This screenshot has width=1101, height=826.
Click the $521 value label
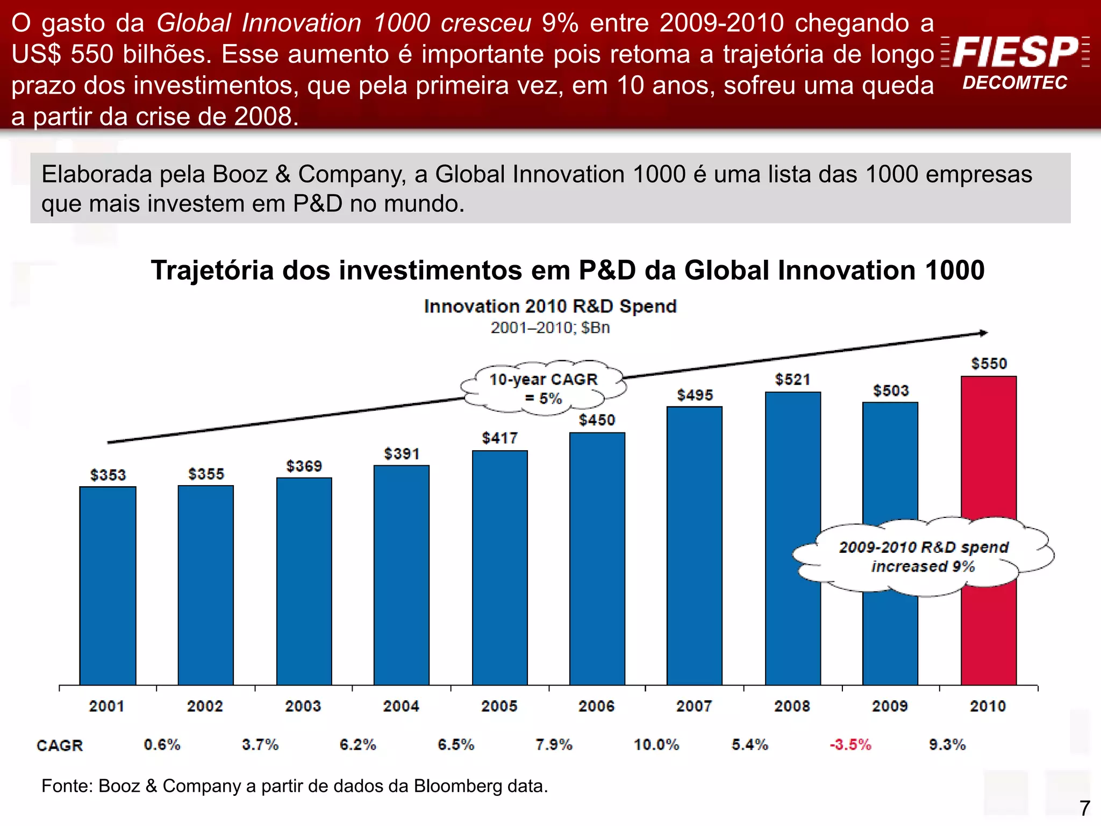tap(792, 380)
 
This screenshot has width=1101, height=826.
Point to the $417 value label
tap(499, 438)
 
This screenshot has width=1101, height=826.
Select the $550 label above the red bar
tap(989, 364)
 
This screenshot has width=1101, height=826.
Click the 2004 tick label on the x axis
tap(401, 706)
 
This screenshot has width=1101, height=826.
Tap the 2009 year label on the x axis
tap(890, 706)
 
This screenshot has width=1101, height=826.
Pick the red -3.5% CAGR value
tap(850, 745)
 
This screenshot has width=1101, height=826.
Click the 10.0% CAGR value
tap(656, 745)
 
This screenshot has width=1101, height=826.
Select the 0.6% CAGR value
tap(162, 745)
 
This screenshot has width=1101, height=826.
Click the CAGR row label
tap(60, 746)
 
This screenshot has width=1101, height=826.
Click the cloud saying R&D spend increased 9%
tap(923, 557)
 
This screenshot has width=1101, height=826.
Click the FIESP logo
tap(1015, 52)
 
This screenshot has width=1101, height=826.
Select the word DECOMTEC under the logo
tap(1014, 83)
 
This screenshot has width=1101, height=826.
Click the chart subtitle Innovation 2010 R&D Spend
tap(550, 307)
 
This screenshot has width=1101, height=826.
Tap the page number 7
tap(1084, 808)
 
